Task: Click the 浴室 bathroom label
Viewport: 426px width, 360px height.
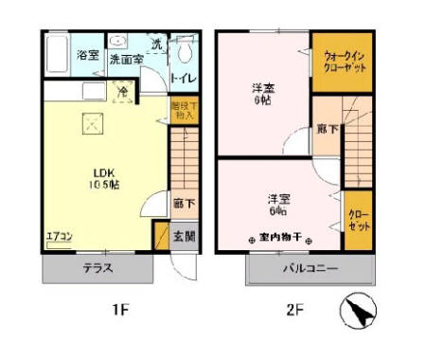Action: (x=86, y=56)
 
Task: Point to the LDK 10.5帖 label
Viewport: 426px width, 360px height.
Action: (x=105, y=177)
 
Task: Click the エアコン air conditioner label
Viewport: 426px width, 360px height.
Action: (x=59, y=236)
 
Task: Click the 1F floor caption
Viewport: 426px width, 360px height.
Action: (x=118, y=309)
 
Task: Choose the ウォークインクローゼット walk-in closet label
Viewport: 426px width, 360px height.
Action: (x=341, y=62)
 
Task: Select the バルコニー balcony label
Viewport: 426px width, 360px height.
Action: (x=310, y=269)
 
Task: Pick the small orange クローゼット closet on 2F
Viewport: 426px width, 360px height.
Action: (x=358, y=221)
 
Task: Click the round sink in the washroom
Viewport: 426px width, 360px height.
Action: (x=118, y=42)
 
